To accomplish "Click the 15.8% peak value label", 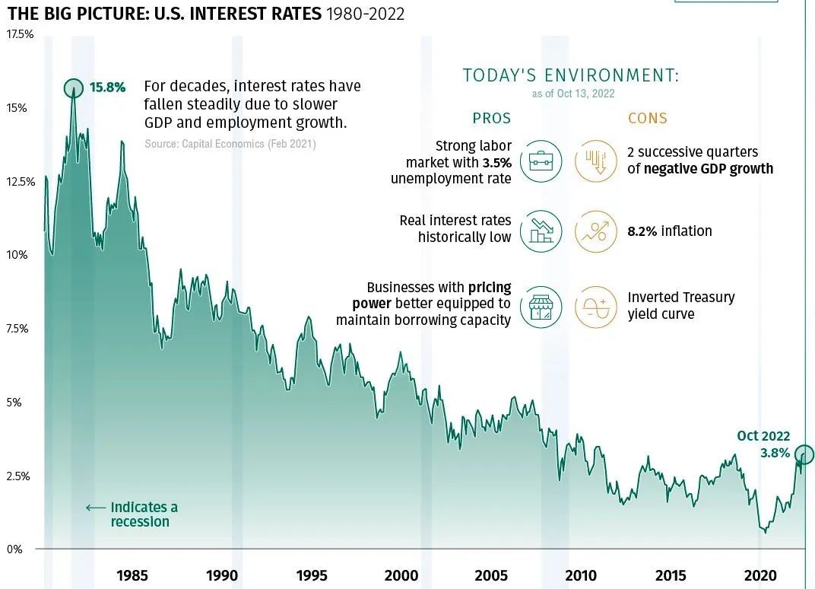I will [x=107, y=87].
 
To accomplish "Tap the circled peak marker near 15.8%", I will [x=74, y=88].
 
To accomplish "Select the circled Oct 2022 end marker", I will [x=804, y=455].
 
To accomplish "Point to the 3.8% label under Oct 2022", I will [x=775, y=453].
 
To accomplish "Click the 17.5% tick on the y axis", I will [x=20, y=34].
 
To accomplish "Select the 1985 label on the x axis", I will [x=132, y=575].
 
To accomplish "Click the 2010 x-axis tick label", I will [x=581, y=575].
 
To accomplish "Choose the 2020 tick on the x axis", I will [x=760, y=575].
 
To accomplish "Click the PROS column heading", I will [x=492, y=118].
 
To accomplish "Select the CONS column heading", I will [x=648, y=118].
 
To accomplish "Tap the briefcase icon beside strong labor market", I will [x=541, y=161].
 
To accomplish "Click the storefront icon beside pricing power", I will [x=541, y=307].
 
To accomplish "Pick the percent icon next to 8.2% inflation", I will [x=595, y=231].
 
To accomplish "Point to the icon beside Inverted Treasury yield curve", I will [x=595, y=307].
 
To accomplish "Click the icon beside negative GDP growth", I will [x=595, y=161].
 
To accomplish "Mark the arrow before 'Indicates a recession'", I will [x=95, y=508].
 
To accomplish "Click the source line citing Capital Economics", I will [x=230, y=144].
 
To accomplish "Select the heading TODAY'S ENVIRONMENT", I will [x=570, y=75].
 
